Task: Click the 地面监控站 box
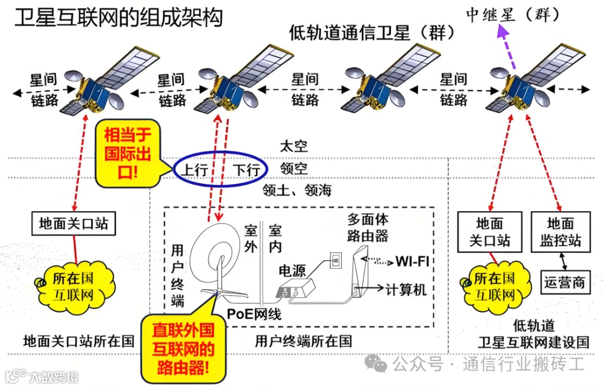click(560, 233)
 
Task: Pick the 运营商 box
click(564, 282)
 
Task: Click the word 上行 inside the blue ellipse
click(195, 169)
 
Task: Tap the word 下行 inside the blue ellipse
click(247, 169)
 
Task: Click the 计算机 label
click(406, 289)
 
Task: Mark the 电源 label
click(292, 271)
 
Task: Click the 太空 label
click(294, 147)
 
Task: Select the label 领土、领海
click(297, 191)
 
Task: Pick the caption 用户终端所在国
click(303, 340)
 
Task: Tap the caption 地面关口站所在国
click(79, 340)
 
